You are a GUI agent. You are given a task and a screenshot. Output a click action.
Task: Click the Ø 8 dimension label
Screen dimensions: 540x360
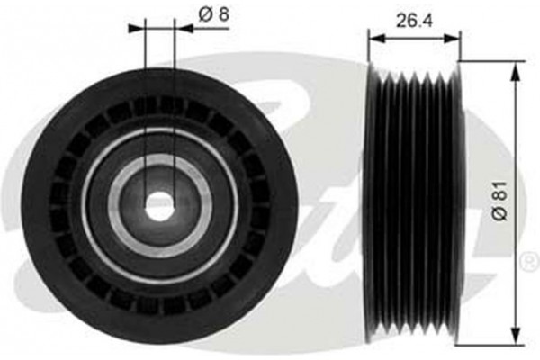tap(213, 14)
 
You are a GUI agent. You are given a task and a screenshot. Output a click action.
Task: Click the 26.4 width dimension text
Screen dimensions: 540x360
tap(414, 21)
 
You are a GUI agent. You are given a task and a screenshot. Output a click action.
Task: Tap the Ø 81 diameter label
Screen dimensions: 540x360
tap(499, 201)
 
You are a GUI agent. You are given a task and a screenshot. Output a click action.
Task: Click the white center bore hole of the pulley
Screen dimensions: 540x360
tap(159, 206)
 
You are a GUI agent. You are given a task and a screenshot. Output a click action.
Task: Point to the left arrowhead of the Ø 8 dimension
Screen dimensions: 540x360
tap(137, 29)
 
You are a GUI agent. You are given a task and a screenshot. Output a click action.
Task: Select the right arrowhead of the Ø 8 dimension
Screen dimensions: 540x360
tap(184, 29)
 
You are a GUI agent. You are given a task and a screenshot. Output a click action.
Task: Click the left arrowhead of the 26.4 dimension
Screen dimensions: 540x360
tap(376, 38)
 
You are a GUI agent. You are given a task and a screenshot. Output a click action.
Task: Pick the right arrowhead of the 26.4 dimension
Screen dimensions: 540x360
tap(452, 38)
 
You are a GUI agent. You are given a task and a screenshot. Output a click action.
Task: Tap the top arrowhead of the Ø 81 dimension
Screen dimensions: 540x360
tap(516, 72)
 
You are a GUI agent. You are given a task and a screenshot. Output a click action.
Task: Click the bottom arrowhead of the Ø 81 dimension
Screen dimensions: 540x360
tap(516, 337)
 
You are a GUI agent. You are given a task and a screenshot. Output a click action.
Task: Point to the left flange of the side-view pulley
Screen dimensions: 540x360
tap(373, 203)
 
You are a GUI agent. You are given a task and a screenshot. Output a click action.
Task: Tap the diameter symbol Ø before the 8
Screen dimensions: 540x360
tap(205, 14)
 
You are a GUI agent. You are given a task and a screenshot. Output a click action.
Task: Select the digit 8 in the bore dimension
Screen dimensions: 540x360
tap(223, 14)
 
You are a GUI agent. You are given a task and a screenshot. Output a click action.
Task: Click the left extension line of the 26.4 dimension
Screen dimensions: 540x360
tap(368, 47)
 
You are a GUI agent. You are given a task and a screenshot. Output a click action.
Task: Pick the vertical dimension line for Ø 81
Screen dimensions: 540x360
tap(516, 204)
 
